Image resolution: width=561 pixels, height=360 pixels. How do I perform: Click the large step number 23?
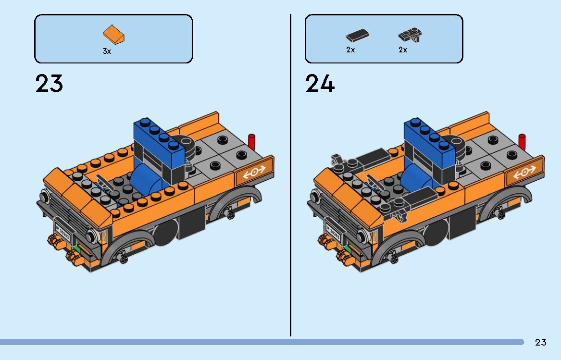(49, 84)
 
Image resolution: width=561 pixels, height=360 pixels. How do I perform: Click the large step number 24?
(320, 84)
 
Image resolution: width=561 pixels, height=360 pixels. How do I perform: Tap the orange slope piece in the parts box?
(114, 35)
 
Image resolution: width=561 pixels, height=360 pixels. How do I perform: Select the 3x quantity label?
(107, 51)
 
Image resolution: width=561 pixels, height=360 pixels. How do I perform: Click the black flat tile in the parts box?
(358, 36)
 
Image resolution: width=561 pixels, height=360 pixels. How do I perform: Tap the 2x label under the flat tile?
(350, 50)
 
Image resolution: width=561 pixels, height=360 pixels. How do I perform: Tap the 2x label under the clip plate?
(403, 50)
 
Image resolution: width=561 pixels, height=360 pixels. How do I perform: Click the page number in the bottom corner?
(541, 343)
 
